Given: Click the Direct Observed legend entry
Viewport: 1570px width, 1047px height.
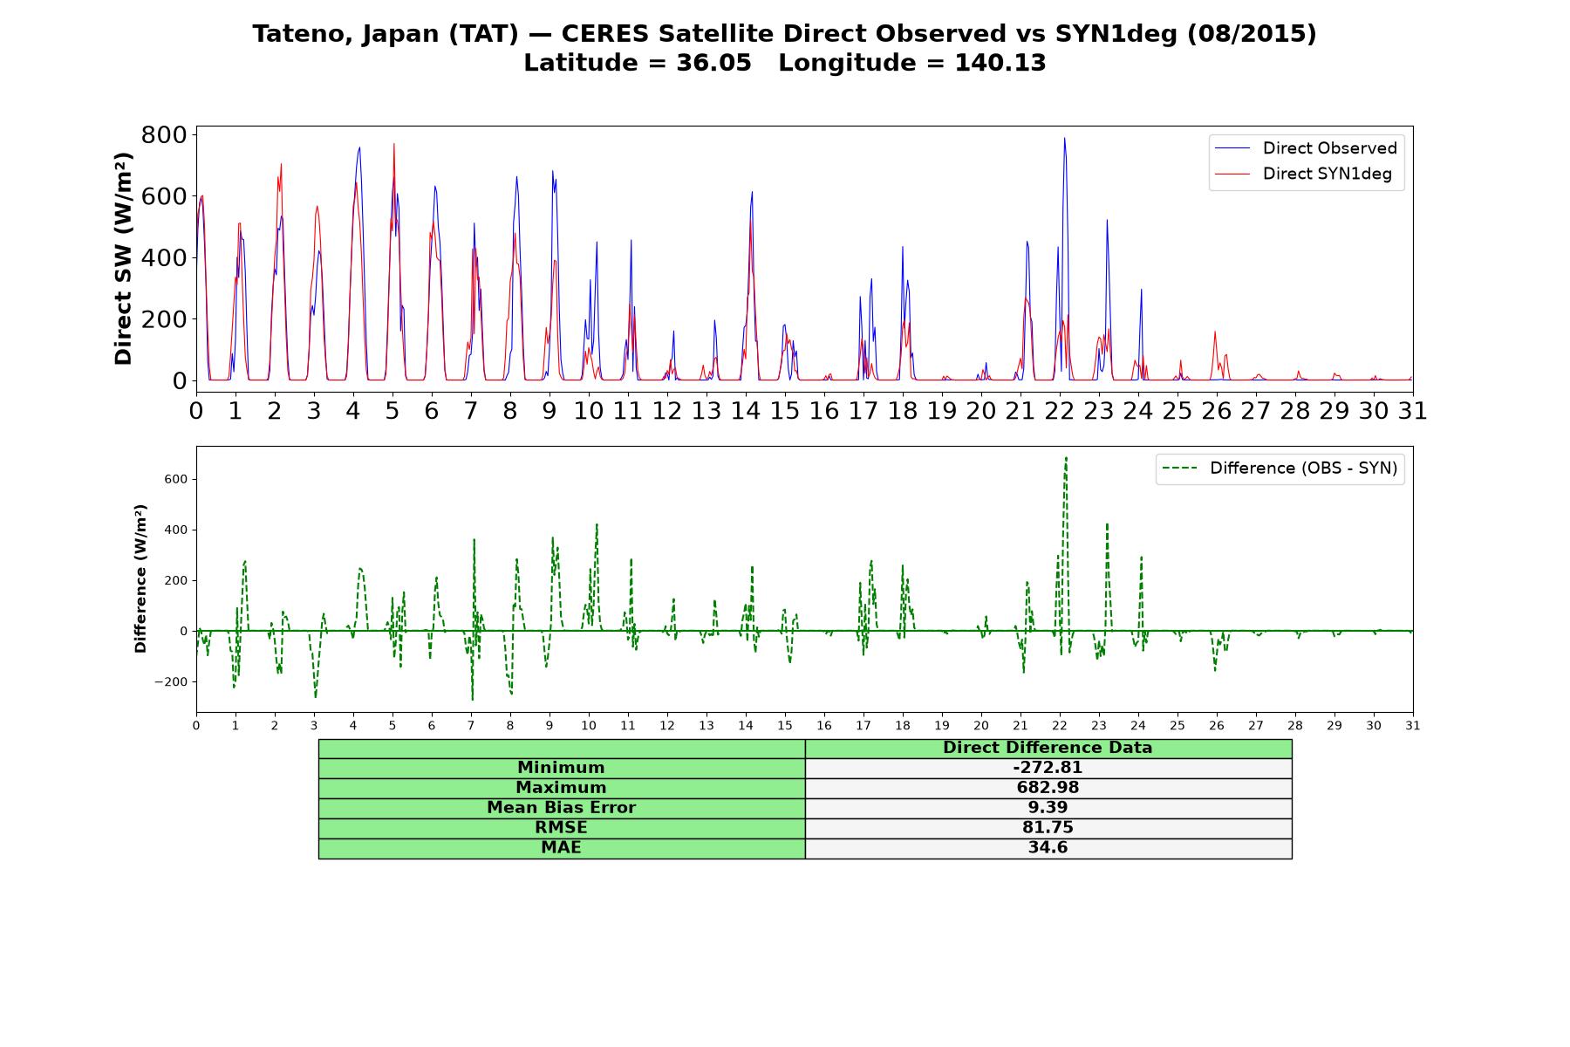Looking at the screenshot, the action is pyautogui.click(x=1307, y=148).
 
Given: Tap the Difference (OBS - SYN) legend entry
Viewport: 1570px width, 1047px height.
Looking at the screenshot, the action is pyautogui.click(x=1280, y=469).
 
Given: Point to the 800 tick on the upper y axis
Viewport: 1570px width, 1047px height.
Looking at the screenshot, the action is pyautogui.click(x=164, y=134).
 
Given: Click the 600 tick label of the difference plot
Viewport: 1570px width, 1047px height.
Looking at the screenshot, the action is pyautogui.click(x=175, y=479).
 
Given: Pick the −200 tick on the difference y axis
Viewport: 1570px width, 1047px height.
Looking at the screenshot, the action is pyautogui.click(x=171, y=681).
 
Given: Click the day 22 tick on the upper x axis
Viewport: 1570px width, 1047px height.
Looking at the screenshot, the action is pyautogui.click(x=1060, y=410).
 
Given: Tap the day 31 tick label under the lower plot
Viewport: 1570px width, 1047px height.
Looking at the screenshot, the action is pyautogui.click(x=1413, y=725).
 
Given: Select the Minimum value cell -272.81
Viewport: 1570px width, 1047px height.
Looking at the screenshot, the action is pyautogui.click(x=1048, y=768).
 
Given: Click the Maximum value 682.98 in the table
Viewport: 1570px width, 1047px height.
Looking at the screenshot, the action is pyautogui.click(x=1048, y=788).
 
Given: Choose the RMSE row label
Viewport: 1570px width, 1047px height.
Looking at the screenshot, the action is pyautogui.click(x=561, y=828).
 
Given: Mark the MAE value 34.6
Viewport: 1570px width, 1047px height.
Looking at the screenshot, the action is pyautogui.click(x=1048, y=848).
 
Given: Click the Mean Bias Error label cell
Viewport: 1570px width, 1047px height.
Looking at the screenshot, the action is pyautogui.click(x=561, y=808).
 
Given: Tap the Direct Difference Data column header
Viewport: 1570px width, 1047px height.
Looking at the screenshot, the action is pyautogui.click(x=1048, y=748).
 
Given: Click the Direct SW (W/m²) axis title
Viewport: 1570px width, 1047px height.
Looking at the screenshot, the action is pyautogui.click(x=123, y=258).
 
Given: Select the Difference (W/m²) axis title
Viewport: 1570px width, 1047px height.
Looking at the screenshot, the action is pyautogui.click(x=140, y=578).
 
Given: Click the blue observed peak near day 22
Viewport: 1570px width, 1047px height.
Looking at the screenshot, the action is pyautogui.click(x=1064, y=138).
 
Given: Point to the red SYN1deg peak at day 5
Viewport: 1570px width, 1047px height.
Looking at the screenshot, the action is pyautogui.click(x=393, y=144).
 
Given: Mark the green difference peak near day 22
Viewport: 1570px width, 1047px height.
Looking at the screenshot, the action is pyautogui.click(x=1065, y=458).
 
